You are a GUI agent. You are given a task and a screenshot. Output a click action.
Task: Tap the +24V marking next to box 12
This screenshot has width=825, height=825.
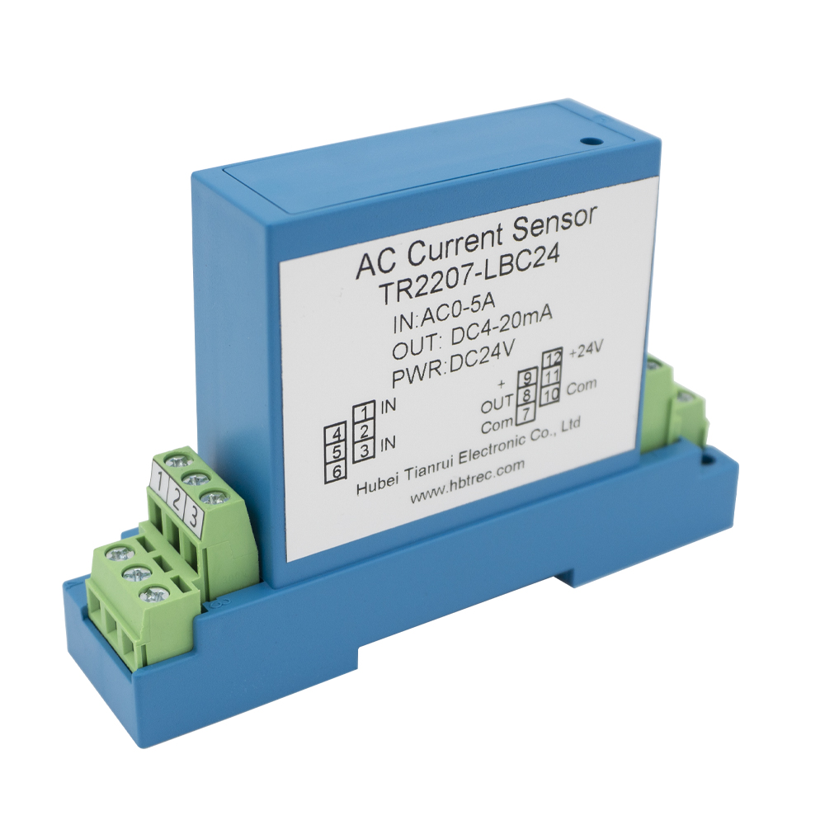point(586,351)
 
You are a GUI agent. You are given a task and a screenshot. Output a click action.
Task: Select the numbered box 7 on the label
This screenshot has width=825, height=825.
point(526,412)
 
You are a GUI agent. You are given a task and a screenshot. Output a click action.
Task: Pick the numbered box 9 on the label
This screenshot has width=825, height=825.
point(526,379)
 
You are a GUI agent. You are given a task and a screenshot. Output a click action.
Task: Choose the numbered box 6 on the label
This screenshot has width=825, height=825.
point(337,471)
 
